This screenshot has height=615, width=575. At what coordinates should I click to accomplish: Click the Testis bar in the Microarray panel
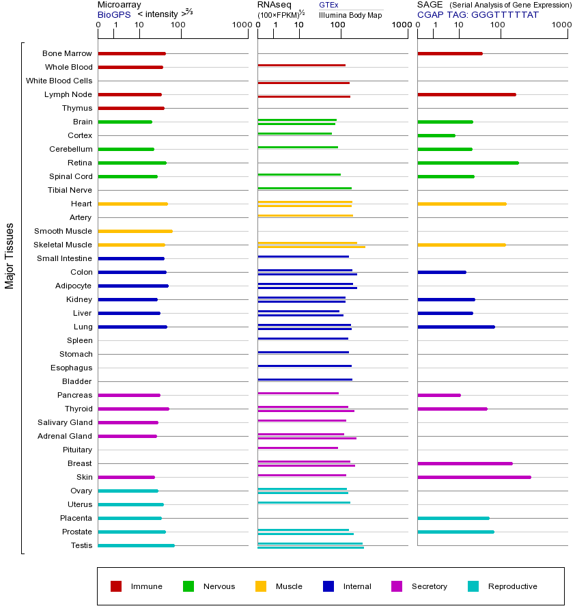[136, 545]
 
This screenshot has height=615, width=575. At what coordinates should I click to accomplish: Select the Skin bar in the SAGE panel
[474, 477]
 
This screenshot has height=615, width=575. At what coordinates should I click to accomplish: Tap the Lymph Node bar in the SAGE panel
[466, 94]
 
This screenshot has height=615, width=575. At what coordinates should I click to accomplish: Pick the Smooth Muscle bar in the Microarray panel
[135, 231]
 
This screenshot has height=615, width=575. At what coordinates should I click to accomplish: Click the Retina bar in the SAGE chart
[468, 163]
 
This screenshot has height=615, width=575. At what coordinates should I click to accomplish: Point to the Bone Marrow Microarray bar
[132, 53]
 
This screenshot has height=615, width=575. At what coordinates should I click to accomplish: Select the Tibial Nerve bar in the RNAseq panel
[305, 188]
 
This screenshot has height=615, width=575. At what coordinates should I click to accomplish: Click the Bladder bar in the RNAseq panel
[305, 379]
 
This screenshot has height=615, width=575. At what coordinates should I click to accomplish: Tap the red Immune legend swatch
[116, 586]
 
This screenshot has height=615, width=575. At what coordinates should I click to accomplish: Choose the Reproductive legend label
[512, 586]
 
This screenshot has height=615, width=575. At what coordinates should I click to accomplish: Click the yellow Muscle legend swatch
[261, 586]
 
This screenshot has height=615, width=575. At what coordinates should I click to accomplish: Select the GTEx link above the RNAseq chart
[328, 5]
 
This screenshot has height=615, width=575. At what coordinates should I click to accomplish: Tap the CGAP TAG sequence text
[478, 14]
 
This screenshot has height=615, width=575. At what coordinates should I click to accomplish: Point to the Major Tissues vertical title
[10, 255]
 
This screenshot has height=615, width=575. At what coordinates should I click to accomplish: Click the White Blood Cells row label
[59, 81]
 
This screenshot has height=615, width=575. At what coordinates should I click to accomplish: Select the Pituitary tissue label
[76, 450]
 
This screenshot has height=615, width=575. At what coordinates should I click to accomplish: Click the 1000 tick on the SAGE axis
[561, 25]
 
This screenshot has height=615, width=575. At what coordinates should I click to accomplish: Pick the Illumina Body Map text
[350, 15]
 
